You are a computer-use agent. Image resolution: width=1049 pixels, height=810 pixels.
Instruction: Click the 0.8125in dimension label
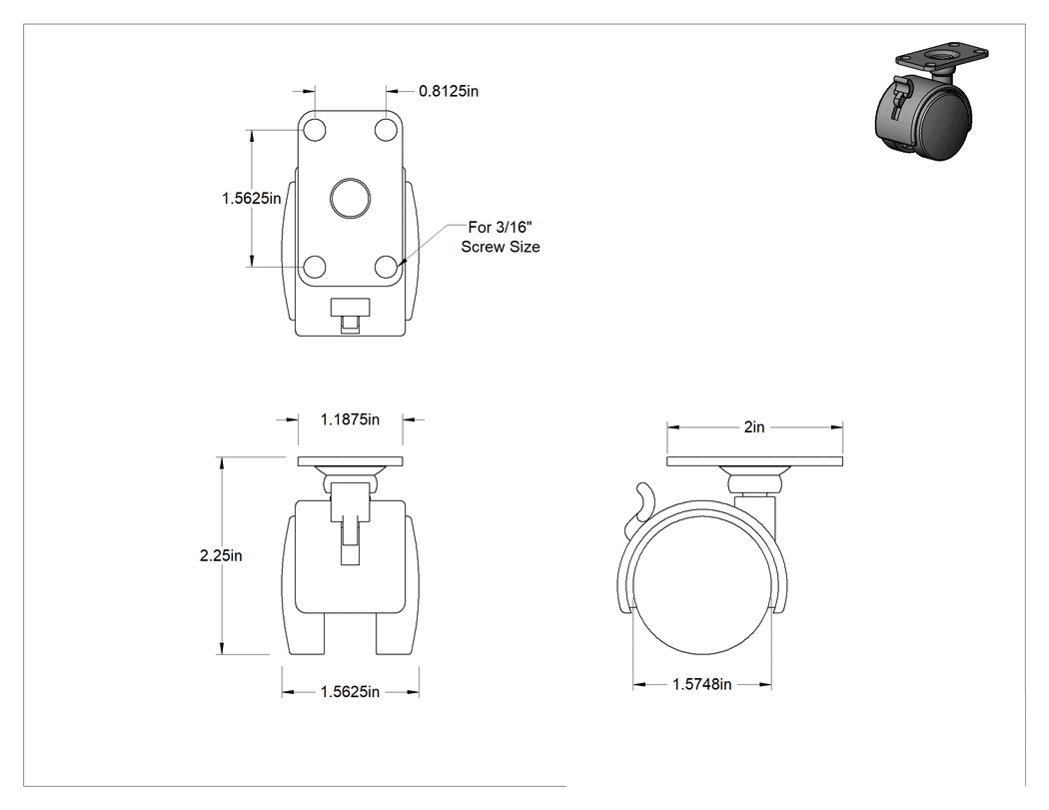[x=449, y=91]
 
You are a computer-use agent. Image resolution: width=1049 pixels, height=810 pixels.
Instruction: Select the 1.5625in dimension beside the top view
[x=252, y=198]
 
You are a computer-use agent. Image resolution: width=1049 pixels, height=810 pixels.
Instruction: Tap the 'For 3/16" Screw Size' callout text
[x=501, y=237]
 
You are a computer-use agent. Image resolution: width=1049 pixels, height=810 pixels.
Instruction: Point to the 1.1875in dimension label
[x=350, y=419]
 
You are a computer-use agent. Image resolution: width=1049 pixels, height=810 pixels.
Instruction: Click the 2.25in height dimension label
[x=221, y=555]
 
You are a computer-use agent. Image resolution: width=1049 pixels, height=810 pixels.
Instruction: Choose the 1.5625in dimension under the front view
[x=350, y=691]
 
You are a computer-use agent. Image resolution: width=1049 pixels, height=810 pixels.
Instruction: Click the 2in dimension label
[x=754, y=426]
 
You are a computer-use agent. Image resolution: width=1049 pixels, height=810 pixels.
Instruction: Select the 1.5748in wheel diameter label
[x=701, y=683]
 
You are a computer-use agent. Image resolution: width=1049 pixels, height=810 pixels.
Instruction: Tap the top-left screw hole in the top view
[x=315, y=130]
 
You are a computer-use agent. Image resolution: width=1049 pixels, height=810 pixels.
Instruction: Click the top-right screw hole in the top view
[x=386, y=130]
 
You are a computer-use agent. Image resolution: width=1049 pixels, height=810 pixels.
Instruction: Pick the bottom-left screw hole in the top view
[x=315, y=267]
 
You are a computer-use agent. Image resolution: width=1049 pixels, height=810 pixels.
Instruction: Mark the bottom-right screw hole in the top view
[x=386, y=267]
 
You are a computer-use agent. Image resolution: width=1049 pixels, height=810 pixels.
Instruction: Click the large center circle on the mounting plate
[x=350, y=198]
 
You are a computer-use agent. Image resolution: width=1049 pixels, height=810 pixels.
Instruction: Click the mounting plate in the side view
[x=754, y=461]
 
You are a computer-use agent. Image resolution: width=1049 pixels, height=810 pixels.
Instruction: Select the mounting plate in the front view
[x=350, y=461]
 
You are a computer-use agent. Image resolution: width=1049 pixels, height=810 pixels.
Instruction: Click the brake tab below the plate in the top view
[x=350, y=315]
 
